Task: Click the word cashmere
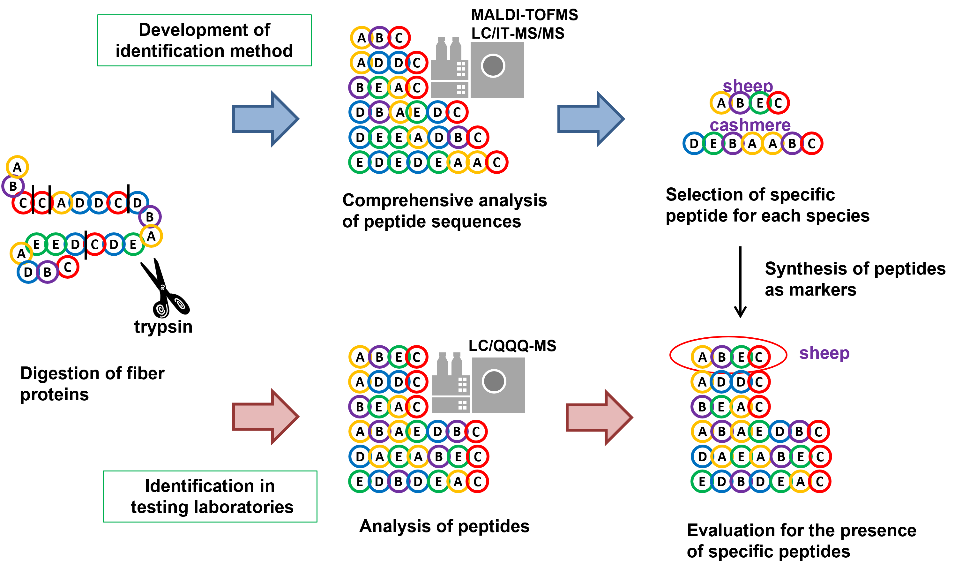coord(750,125)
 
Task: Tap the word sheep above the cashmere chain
coord(747,86)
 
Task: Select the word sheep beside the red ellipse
coord(824,353)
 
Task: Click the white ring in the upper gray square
coord(493,66)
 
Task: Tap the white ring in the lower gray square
coord(494,381)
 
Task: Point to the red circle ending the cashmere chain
coord(812,143)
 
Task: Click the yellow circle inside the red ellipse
coord(702,357)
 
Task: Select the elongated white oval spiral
coord(180,304)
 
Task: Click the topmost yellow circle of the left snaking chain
coord(17,167)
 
